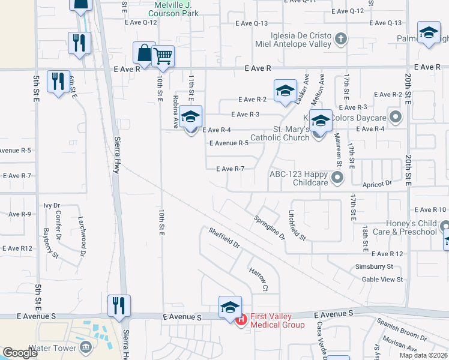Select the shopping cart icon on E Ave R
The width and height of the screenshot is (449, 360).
[163, 58]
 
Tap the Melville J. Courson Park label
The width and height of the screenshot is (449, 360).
[173, 8]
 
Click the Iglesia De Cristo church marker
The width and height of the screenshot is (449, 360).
[341, 40]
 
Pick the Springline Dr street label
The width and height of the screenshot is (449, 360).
[269, 227]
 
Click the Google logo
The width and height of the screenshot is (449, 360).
[20, 353]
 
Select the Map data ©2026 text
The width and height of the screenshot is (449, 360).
[423, 355]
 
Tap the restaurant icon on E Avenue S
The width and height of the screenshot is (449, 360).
[118, 305]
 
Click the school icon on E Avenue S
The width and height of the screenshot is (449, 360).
[230, 307]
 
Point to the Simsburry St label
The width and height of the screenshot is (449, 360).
[373, 266]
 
